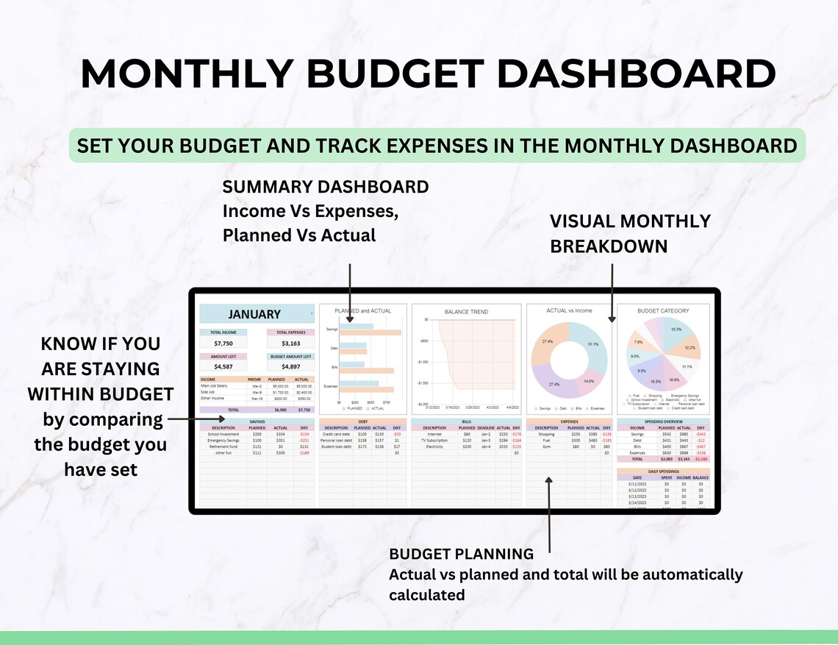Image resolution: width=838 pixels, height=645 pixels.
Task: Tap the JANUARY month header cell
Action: click(x=254, y=314)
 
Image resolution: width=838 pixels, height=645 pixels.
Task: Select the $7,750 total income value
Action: click(x=223, y=343)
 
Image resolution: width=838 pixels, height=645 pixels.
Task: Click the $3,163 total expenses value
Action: click(x=290, y=343)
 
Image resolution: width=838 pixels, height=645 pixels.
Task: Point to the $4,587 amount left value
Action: click(x=223, y=366)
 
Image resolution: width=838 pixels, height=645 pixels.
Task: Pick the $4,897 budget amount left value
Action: click(x=290, y=366)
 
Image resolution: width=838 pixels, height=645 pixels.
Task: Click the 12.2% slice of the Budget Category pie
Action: click(x=689, y=347)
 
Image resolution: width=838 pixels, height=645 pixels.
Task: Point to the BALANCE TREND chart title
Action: click(x=466, y=312)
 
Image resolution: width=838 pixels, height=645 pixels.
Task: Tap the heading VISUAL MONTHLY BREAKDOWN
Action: click(x=630, y=233)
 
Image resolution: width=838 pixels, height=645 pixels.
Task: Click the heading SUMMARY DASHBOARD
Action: click(x=325, y=187)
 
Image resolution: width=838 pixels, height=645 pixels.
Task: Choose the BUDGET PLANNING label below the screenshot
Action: click(x=461, y=554)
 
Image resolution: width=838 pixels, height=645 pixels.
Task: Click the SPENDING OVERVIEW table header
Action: click(x=664, y=421)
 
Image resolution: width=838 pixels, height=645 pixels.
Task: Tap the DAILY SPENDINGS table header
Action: click(x=664, y=471)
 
